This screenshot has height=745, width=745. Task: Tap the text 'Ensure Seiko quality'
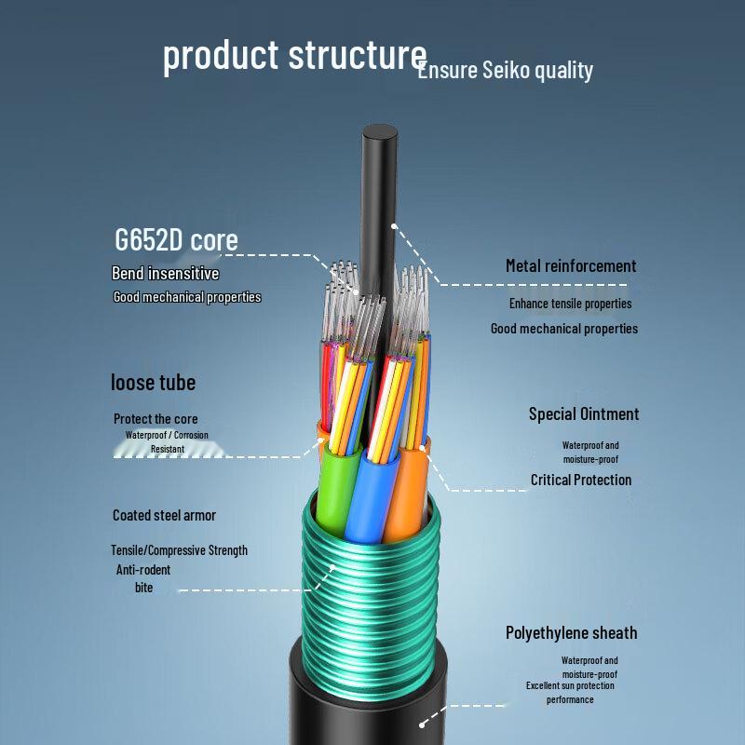click(x=506, y=71)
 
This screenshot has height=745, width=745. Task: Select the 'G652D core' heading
click(x=176, y=239)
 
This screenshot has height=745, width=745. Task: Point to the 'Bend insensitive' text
click(x=166, y=273)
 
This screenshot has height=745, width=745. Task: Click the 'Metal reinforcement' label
click(x=571, y=265)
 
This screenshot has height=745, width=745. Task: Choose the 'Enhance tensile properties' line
click(x=571, y=304)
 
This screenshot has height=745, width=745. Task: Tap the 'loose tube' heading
click(x=153, y=383)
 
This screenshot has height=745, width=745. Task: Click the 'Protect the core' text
click(x=156, y=418)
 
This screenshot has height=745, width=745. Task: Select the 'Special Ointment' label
click(x=584, y=413)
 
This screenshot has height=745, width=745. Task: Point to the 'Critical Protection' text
click(x=581, y=480)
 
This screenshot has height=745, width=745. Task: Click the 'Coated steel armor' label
click(x=164, y=515)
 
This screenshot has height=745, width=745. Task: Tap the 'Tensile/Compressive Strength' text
click(x=179, y=550)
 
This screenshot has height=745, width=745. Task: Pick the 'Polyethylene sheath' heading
click(x=571, y=633)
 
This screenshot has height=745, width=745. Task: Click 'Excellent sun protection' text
click(x=570, y=685)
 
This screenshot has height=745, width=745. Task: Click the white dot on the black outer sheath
click(x=422, y=725)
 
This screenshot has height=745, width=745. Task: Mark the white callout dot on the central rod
click(x=394, y=225)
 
